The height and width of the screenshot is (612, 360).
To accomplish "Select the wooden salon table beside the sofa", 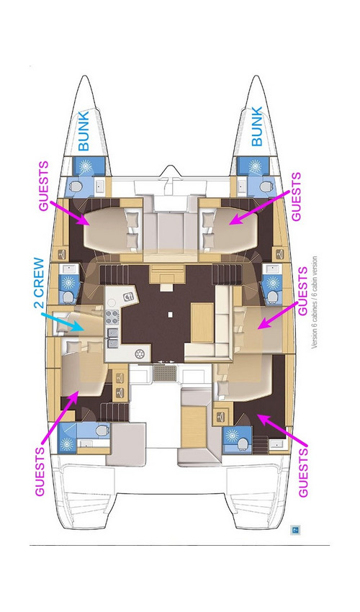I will coord(201,322).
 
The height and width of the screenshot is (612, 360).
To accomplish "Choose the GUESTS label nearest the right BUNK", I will coord(296,195).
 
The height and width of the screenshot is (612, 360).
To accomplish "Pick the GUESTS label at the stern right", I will coord(302,472).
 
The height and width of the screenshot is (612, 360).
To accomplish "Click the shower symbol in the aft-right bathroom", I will coord(233,436).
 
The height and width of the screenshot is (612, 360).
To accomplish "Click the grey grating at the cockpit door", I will coord(163,374).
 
